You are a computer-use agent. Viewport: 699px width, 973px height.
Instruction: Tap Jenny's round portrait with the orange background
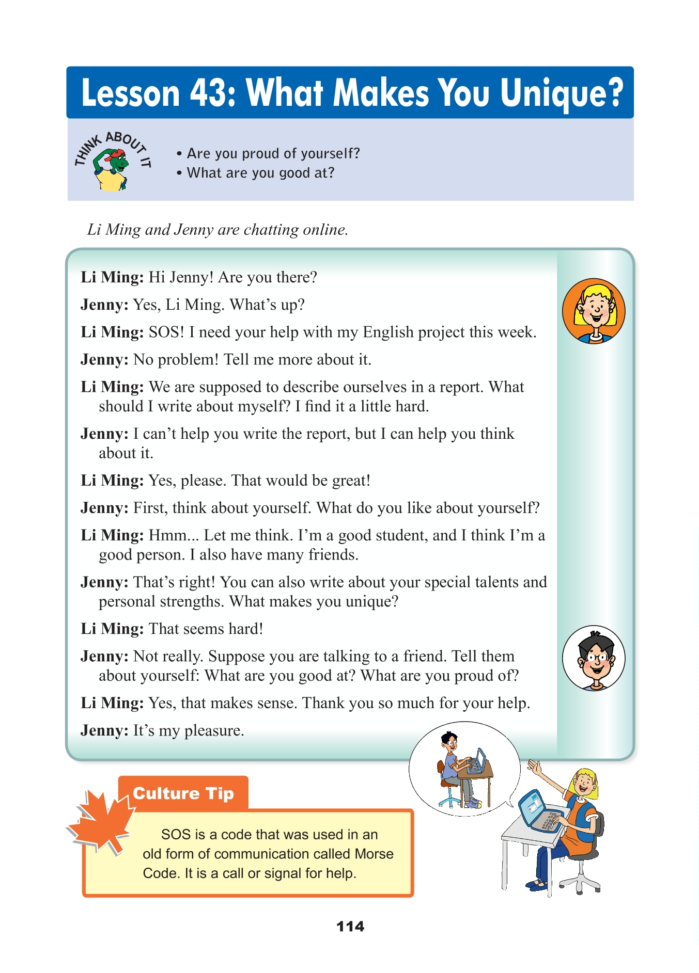(594, 311)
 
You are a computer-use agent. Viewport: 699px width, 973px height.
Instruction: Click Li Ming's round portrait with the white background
(594, 658)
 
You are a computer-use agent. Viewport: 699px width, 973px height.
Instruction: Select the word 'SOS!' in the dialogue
(166, 332)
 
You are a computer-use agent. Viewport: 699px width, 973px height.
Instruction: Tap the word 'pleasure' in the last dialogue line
(214, 730)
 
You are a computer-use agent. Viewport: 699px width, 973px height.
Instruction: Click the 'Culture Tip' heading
(183, 793)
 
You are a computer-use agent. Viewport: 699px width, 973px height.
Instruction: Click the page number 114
(350, 927)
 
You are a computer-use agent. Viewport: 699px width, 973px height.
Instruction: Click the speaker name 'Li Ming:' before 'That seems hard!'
(112, 629)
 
